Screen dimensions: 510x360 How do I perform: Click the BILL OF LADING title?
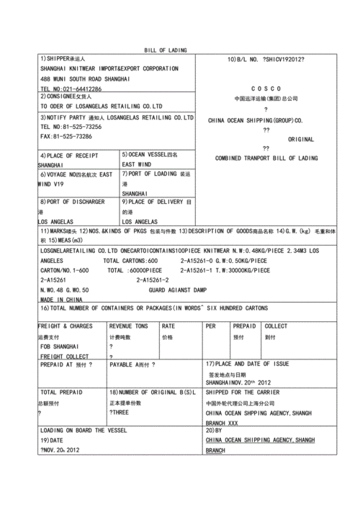click(x=165, y=50)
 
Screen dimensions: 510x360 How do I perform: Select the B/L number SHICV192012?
click(x=284, y=58)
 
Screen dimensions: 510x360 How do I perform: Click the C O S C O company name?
click(x=266, y=88)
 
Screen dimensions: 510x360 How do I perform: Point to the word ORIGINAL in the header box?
click(x=301, y=138)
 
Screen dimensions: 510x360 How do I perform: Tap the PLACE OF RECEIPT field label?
click(x=69, y=155)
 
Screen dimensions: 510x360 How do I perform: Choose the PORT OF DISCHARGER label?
click(x=73, y=202)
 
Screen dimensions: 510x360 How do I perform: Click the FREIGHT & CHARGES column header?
click(x=65, y=326)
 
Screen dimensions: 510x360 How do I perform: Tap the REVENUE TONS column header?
click(x=128, y=326)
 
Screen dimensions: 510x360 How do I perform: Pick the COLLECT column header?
click(x=276, y=326)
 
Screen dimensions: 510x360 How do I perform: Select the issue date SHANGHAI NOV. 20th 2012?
click(x=238, y=382)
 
